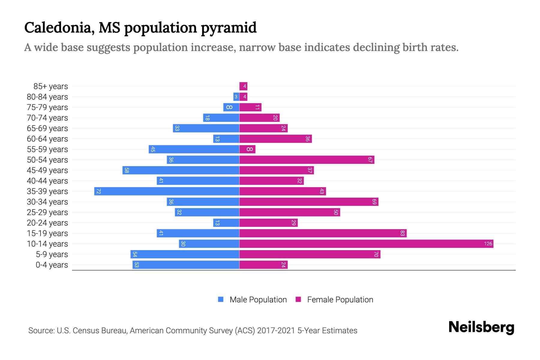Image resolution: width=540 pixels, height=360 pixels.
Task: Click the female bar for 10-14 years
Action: coord(366,244)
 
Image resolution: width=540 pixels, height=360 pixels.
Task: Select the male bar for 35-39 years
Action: coord(167,191)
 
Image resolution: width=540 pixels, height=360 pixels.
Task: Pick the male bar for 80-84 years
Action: coord(236,97)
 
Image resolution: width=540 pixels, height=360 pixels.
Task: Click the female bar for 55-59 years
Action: coord(247,149)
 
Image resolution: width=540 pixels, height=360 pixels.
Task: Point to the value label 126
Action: coord(488,244)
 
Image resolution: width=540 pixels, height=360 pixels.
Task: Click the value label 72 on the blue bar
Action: coord(98,191)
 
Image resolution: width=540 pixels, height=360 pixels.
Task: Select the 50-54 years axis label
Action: coord(47,160)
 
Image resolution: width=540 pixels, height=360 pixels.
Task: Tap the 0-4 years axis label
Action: coord(52,265)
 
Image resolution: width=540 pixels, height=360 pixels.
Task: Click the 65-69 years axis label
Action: coord(47,128)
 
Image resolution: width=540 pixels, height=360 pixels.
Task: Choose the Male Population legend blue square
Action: coord(221,299)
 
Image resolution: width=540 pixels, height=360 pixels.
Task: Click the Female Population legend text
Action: coord(340,299)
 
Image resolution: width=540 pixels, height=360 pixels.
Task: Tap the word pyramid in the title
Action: coord(229,28)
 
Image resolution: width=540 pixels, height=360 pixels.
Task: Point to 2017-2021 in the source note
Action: coord(276,330)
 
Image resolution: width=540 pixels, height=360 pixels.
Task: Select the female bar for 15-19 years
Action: coord(323,233)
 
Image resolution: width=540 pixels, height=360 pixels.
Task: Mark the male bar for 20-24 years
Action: coord(226,223)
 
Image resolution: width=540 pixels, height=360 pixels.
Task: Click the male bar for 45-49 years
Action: coord(181,170)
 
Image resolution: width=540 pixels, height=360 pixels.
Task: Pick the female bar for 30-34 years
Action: coord(309,202)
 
